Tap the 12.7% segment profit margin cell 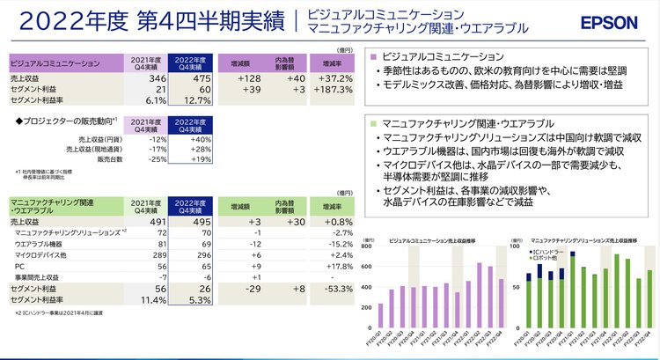pyautogui.click(x=194, y=101)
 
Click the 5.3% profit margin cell pyautogui.click(x=196, y=299)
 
